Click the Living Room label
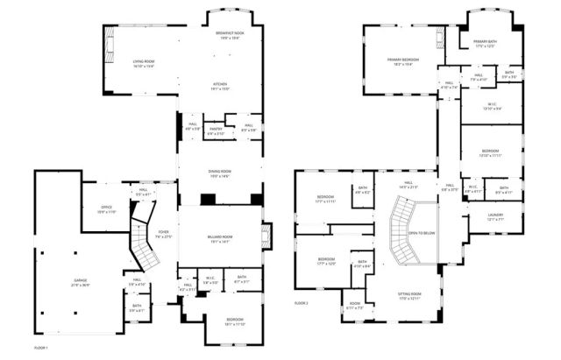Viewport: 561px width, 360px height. (x=144, y=62)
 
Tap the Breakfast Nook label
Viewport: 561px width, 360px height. (x=230, y=33)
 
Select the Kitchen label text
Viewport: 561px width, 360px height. (x=220, y=86)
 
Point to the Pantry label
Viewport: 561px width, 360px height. (x=216, y=129)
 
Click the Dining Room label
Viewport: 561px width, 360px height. (x=220, y=171)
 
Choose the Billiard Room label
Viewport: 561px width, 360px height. (x=220, y=236)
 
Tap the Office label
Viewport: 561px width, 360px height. (x=106, y=208)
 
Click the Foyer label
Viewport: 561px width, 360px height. (x=164, y=233)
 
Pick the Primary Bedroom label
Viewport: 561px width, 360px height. (x=403, y=60)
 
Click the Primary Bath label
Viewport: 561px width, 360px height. (x=485, y=42)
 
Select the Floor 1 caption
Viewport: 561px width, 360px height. (x=40, y=348)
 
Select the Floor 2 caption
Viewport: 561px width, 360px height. (x=302, y=302)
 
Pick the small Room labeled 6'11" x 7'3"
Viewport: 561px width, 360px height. (x=353, y=307)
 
